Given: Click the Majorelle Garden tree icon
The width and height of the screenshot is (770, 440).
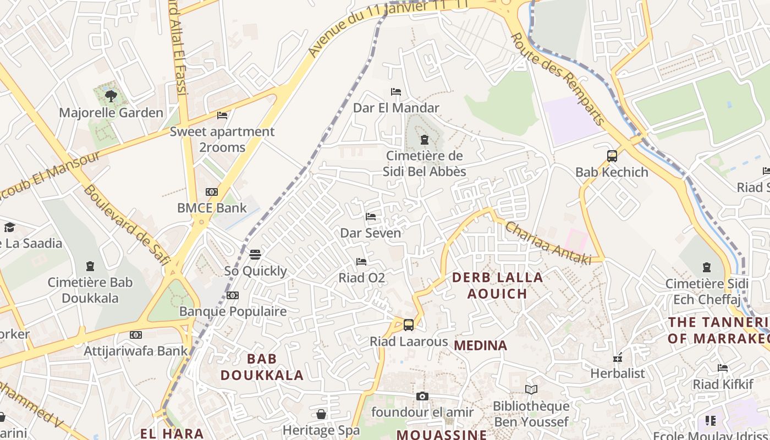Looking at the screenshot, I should click(x=111, y=96).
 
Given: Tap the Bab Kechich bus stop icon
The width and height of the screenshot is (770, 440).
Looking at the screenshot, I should click(x=612, y=156).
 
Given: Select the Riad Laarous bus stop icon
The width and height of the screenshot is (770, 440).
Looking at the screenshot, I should click(x=408, y=324).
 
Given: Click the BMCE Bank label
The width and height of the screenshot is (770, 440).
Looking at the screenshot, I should click(x=212, y=208).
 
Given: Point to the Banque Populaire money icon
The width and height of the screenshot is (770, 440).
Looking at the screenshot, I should click(x=233, y=295).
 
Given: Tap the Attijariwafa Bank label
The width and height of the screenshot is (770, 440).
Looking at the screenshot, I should click(x=135, y=350).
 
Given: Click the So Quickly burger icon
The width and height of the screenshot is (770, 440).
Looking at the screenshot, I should click(x=255, y=255).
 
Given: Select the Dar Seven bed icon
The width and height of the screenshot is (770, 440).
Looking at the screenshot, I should click(x=371, y=217).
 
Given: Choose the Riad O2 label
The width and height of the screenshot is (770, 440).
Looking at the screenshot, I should click(x=361, y=278).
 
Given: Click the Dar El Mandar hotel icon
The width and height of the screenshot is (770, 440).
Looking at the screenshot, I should click(x=395, y=91).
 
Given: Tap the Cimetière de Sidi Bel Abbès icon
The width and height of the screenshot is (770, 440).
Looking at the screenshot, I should click(x=424, y=140).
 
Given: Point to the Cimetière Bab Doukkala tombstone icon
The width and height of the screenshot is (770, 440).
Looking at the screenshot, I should click(x=90, y=267).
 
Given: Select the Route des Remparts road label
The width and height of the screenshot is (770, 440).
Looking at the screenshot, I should click(x=558, y=79).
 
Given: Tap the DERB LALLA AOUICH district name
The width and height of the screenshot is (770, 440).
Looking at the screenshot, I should click(x=497, y=285).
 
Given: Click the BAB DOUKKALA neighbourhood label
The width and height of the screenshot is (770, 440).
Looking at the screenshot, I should click(x=262, y=367).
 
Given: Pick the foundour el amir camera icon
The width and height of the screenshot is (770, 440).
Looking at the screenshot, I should click(x=422, y=396).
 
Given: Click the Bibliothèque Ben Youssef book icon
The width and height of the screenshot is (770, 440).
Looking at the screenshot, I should click(x=531, y=389).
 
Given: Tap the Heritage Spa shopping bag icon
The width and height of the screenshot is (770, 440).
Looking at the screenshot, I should click(x=321, y=414).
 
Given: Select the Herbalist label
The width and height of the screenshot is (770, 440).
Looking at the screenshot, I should click(x=617, y=373).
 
